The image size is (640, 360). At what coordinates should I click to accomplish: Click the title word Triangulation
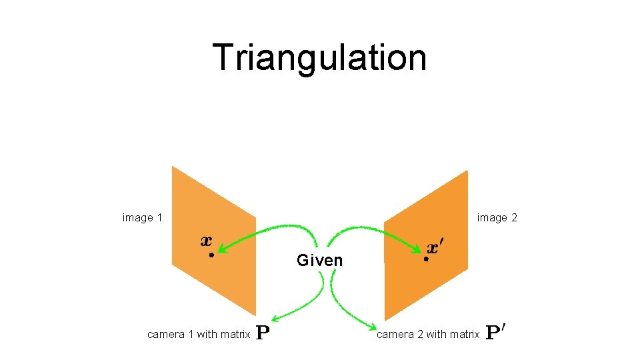point(319,57)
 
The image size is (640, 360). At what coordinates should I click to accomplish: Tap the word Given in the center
point(320,261)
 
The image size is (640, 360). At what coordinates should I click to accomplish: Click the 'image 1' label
point(143,218)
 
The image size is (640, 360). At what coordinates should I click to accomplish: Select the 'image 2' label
point(497,218)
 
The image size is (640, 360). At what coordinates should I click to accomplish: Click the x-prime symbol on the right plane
point(434,248)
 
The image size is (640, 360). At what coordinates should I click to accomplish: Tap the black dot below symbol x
point(210,255)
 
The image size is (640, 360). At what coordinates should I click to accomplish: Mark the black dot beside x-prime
point(425,259)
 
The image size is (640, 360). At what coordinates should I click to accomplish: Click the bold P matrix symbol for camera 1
point(263,333)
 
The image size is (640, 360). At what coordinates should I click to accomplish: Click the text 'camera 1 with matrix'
point(199,334)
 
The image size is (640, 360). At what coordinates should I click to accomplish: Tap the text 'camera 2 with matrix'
point(428,334)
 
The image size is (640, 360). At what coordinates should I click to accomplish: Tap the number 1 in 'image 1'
point(159,218)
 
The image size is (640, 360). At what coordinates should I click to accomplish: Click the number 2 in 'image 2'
point(514,218)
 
